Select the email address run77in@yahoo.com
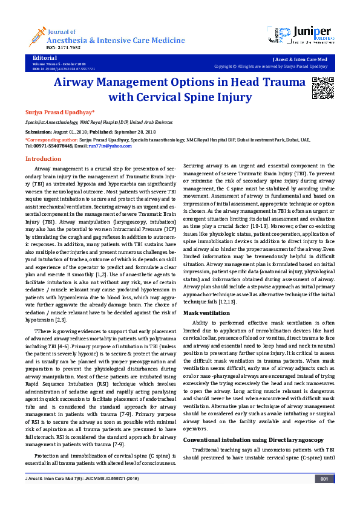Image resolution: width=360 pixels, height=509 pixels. [x=110, y=146]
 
